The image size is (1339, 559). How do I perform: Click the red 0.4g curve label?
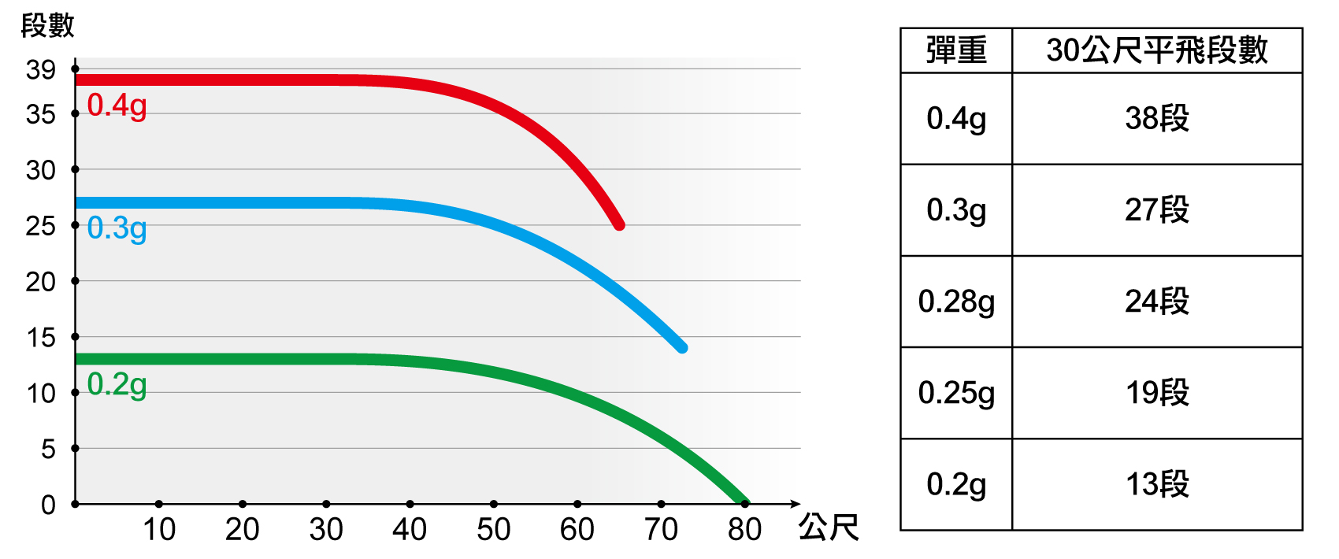117,106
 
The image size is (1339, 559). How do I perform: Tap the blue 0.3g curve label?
117,228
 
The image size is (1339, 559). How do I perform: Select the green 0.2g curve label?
117,385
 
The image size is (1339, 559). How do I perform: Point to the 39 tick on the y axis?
41,70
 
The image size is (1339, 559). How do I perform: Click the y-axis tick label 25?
41,227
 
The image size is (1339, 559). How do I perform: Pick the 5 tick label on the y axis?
49,450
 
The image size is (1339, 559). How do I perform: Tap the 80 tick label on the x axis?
744,530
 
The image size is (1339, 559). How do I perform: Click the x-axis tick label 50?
493,530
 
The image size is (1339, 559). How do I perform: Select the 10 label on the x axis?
158,530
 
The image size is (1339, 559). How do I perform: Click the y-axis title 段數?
47,26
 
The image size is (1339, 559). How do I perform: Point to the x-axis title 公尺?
829,528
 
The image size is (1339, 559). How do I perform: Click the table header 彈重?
956,50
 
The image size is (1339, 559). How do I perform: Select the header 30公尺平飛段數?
1156,50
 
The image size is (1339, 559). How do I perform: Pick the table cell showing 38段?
1156,119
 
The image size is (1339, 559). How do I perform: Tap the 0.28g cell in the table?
956,302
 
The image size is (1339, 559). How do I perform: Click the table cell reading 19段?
1156,393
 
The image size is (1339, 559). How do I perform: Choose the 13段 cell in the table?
1156,484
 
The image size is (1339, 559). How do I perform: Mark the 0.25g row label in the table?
956,393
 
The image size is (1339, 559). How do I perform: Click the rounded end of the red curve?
619,224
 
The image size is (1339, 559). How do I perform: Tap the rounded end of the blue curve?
682,347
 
